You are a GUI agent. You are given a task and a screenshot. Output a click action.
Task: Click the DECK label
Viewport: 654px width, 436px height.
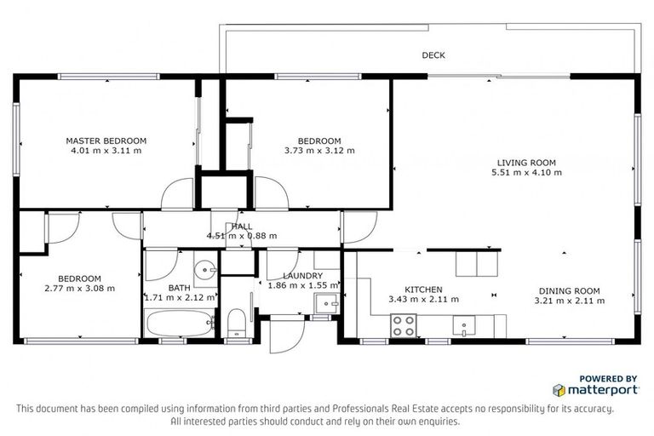433,55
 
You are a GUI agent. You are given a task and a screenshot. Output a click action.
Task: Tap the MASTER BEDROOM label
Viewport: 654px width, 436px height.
106,141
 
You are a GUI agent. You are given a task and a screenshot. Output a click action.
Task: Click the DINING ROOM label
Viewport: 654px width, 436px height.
569,290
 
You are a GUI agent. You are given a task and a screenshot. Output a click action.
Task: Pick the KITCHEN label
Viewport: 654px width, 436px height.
423,290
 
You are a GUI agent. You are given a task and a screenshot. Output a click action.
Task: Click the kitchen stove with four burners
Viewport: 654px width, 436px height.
402,324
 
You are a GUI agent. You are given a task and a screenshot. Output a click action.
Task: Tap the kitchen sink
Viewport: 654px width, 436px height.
463,324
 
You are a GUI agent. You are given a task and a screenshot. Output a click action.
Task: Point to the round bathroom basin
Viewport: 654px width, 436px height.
204,272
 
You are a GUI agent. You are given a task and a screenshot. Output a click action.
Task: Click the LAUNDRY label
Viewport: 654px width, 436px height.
302,276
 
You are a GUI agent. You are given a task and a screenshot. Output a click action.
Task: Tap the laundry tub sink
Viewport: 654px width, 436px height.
326,302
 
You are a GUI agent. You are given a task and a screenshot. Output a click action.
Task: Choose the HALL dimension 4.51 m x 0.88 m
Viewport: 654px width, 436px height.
242,236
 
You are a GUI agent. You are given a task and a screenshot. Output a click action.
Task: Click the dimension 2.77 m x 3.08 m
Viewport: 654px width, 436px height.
80,288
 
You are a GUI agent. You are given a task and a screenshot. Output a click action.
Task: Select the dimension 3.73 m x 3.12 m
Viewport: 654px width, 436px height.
319,151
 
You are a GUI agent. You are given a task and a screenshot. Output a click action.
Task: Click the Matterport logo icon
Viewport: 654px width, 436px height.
559,390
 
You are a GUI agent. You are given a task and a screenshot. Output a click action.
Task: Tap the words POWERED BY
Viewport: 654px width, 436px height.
608,378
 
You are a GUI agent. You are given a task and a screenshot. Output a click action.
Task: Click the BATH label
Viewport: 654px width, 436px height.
180,288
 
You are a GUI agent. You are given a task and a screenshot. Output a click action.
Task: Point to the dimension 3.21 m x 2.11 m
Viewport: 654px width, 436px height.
569,300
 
